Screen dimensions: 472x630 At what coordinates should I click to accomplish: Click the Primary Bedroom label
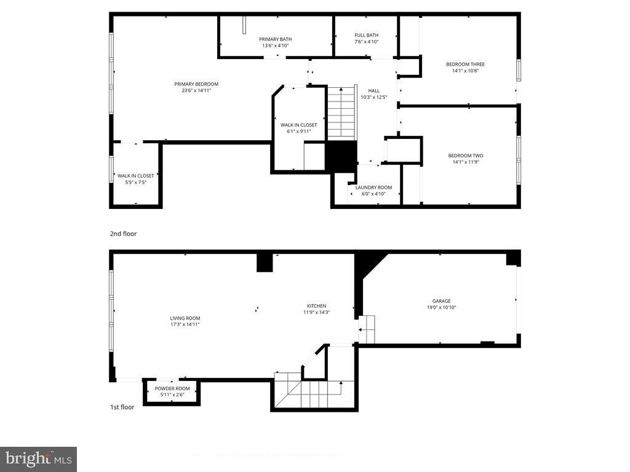[196, 84]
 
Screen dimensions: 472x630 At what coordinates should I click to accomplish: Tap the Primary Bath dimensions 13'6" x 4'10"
[275, 45]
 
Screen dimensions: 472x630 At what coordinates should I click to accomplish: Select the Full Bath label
[367, 35]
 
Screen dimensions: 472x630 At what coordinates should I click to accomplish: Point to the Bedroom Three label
[465, 64]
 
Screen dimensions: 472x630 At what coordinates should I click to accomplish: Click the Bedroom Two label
[465, 155]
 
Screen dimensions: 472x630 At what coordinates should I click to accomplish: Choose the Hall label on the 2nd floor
[373, 90]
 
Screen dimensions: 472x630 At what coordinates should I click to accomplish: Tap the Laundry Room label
[373, 187]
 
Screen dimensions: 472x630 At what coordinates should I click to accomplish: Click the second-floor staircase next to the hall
[341, 113]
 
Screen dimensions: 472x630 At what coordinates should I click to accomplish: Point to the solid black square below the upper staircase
[341, 156]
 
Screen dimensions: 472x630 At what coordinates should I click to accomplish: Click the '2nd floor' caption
[123, 234]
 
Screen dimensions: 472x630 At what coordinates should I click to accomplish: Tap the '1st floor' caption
[122, 407]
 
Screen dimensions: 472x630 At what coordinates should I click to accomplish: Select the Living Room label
[185, 318]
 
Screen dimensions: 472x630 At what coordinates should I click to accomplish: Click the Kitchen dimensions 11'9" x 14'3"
[317, 312]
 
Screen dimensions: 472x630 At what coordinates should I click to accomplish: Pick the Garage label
[441, 301]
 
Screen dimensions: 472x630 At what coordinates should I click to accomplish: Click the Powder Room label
[172, 388]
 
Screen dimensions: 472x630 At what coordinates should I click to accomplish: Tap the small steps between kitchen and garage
[367, 329]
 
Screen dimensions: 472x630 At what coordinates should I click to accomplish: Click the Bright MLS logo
[38, 458]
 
